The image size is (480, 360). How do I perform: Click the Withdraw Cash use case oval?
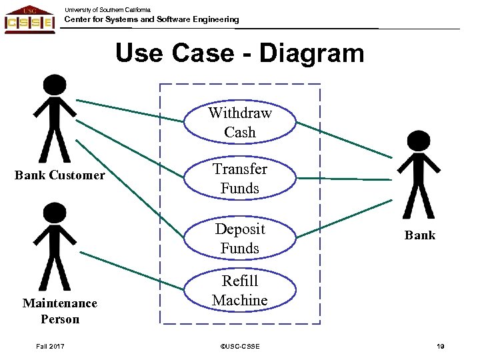239,122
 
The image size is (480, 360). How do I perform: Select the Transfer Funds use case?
239,179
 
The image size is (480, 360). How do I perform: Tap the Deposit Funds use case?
239,238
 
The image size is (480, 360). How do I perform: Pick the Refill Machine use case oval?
239,291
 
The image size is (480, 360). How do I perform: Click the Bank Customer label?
60,175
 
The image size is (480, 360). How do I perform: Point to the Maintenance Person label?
60,311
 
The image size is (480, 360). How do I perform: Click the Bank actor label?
419,235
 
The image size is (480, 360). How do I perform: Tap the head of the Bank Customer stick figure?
55,85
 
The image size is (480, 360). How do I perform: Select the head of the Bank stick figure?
419,142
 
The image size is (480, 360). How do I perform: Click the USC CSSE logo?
29,19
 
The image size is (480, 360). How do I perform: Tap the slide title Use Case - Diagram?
239,53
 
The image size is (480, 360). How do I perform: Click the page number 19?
440,346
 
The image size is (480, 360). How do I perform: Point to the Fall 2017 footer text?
51,346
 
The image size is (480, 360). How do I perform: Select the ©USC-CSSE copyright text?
239,346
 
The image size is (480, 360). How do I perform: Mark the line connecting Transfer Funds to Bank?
343,179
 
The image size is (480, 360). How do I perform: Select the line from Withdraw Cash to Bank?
343,139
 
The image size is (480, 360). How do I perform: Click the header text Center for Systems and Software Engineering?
151,19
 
